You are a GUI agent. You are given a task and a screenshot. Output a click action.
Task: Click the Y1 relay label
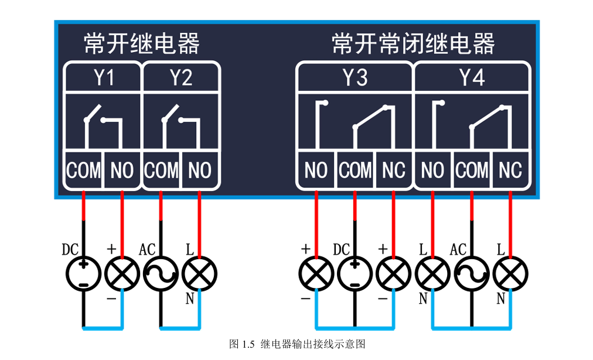(104, 78)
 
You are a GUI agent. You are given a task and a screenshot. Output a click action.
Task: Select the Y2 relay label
(180, 78)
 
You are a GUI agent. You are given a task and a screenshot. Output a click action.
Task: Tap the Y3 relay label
(355, 78)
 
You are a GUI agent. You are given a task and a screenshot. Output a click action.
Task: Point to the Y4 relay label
(472, 78)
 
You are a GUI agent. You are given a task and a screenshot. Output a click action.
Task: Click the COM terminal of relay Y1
(83, 171)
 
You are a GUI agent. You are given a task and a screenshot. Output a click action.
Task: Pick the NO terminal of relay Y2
(200, 171)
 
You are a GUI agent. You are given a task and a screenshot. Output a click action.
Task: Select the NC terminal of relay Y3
(394, 171)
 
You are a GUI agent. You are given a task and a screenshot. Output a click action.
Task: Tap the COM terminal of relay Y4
(472, 171)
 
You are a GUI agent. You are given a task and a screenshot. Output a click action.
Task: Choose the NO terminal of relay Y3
(316, 171)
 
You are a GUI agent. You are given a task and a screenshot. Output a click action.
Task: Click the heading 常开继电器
(141, 43)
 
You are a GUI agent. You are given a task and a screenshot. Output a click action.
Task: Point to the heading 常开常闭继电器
(413, 43)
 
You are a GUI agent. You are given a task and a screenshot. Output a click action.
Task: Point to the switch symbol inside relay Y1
(103, 124)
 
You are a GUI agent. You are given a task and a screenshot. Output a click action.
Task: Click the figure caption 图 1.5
(297, 344)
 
